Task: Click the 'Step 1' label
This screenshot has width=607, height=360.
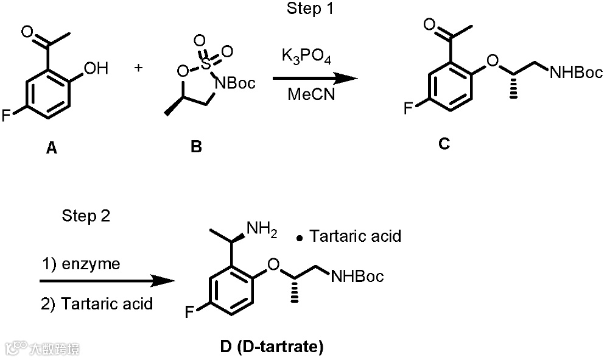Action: pos(311,9)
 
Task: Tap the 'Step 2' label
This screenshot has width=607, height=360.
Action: pos(86,216)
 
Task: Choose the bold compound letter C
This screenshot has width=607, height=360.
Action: pos(443,144)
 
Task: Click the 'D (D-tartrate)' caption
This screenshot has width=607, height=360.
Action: pos(272,347)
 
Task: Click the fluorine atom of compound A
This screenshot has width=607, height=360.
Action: pos(7,115)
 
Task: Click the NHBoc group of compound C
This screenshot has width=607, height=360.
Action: pos(575,73)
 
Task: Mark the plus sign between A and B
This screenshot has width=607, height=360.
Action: pos(139,67)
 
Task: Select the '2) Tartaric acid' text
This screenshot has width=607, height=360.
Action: pos(97,303)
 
